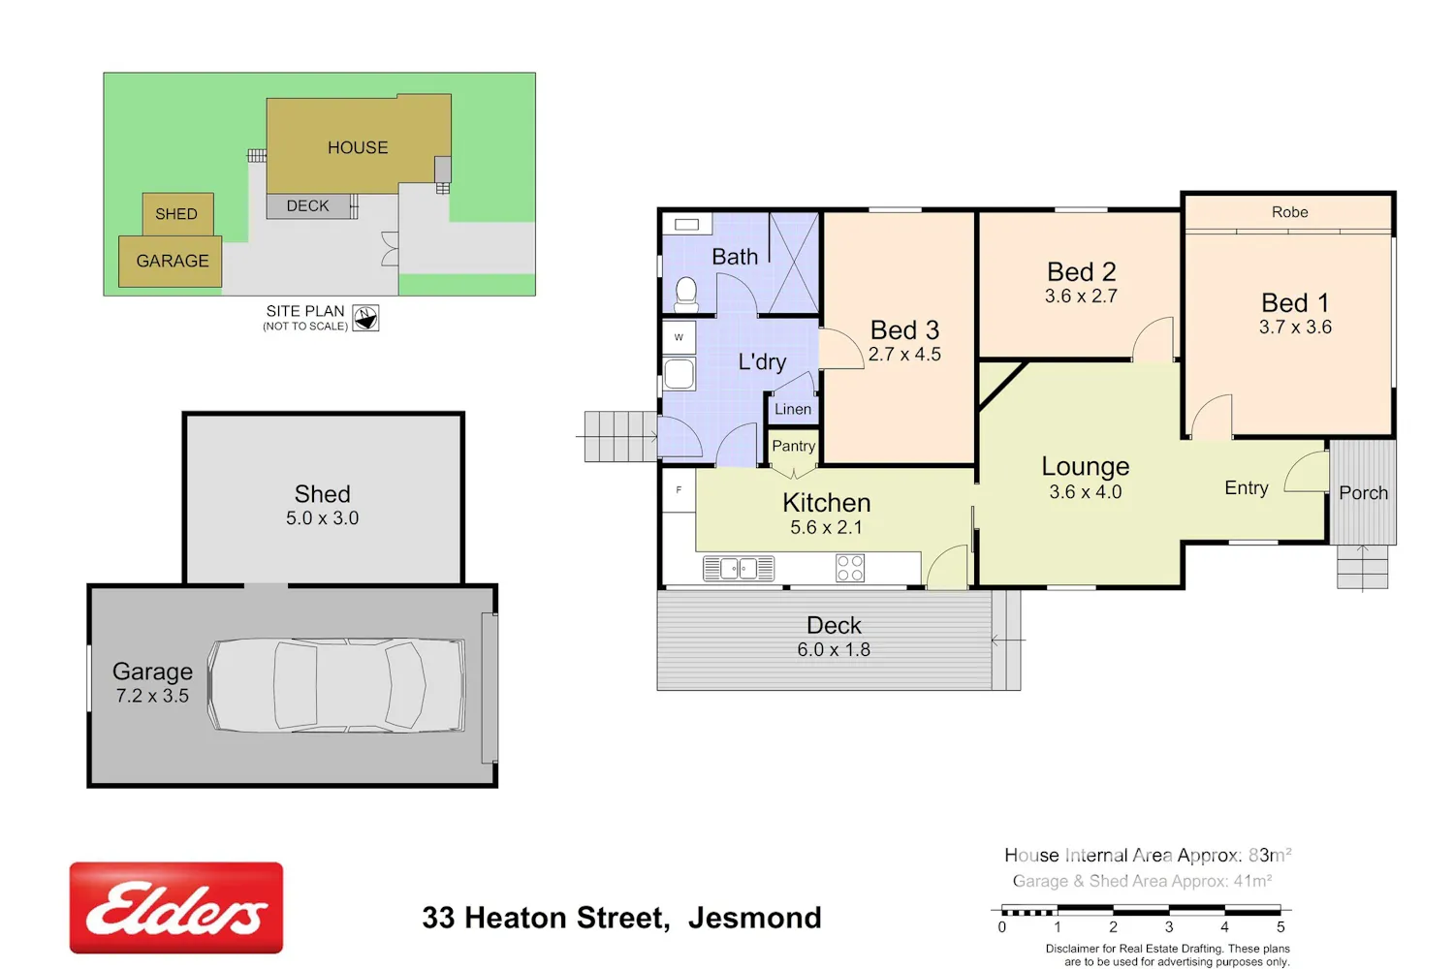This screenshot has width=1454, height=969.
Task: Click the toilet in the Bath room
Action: click(686, 296)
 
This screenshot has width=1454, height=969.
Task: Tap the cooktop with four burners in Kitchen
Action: click(850, 568)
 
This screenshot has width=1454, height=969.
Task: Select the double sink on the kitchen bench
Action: click(739, 569)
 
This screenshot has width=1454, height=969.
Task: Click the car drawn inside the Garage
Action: click(336, 685)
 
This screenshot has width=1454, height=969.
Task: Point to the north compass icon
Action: click(365, 318)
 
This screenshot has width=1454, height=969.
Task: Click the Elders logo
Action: click(175, 907)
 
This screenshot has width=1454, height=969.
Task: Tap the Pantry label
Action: click(793, 446)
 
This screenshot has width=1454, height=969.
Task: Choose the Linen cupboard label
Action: click(793, 409)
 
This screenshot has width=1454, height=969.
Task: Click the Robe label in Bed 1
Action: click(1289, 212)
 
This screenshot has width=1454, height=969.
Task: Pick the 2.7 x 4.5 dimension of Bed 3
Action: click(904, 355)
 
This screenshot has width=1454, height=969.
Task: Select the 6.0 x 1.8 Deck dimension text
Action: click(834, 649)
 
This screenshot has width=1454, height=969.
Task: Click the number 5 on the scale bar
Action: click(1280, 926)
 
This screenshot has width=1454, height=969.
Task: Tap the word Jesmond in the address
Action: click(754, 918)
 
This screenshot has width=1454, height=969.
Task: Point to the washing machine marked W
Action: click(679, 337)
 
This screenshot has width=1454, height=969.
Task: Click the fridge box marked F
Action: click(679, 490)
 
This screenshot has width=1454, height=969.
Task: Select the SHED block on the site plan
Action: click(177, 213)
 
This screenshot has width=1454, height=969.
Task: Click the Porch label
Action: click(1363, 493)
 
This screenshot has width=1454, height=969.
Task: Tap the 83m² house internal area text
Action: click(1270, 855)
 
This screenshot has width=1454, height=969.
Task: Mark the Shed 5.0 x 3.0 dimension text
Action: click(322, 517)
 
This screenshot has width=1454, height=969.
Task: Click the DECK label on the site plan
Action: click(307, 205)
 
